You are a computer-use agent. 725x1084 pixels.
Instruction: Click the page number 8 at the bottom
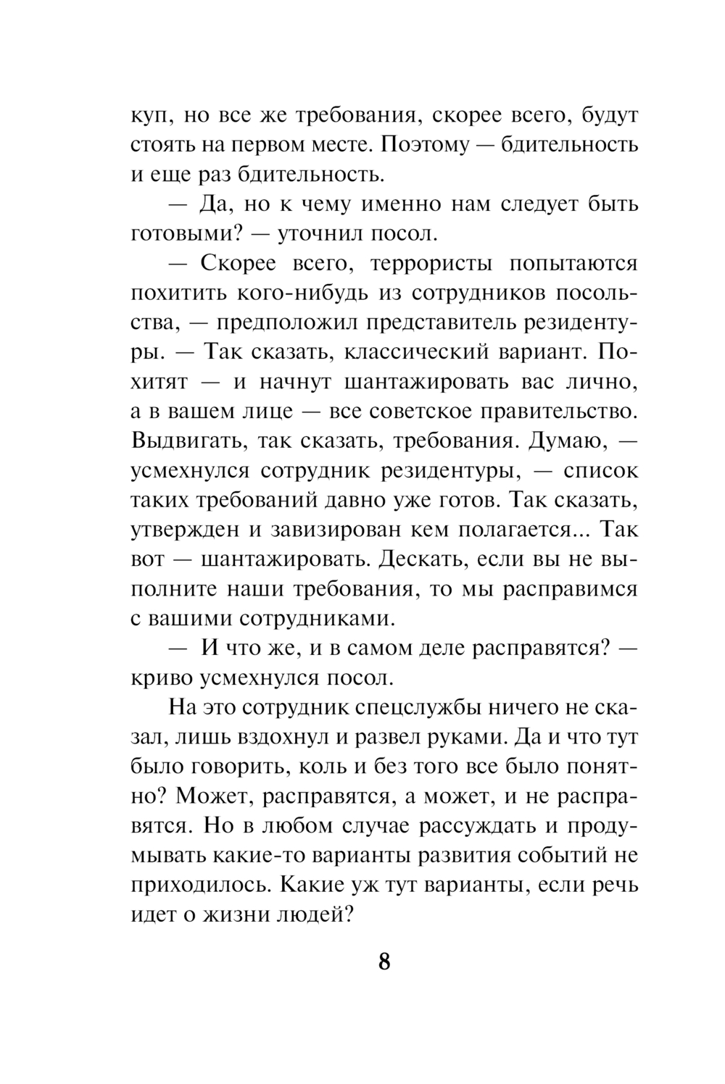click(384, 962)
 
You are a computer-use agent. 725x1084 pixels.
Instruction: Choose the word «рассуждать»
click(472, 826)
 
